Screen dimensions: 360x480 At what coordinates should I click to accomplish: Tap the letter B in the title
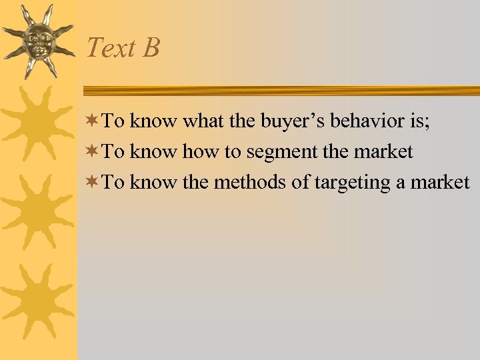(150, 48)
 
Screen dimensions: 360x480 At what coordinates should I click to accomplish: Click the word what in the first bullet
(203, 121)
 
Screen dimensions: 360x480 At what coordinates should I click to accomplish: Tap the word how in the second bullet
(202, 152)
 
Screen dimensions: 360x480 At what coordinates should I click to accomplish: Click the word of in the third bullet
(299, 182)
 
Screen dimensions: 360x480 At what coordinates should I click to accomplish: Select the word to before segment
(233, 152)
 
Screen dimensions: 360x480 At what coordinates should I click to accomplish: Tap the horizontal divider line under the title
(280, 91)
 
